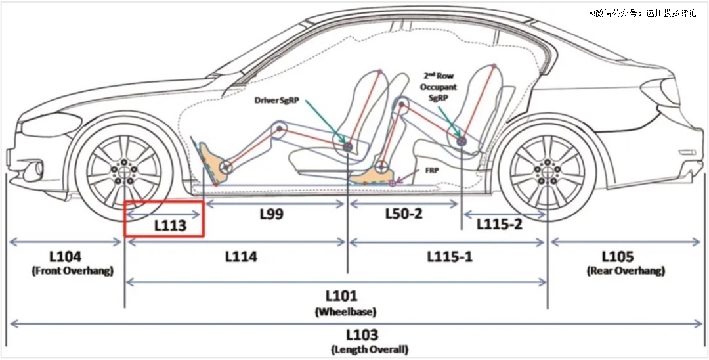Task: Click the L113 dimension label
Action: click(x=170, y=225)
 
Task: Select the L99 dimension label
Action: click(x=270, y=214)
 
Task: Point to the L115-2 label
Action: click(x=500, y=225)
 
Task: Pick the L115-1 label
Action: click(x=450, y=257)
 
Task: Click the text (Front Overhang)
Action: click(x=72, y=271)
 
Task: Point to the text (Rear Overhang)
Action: click(x=626, y=271)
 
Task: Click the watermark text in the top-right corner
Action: click(x=643, y=12)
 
